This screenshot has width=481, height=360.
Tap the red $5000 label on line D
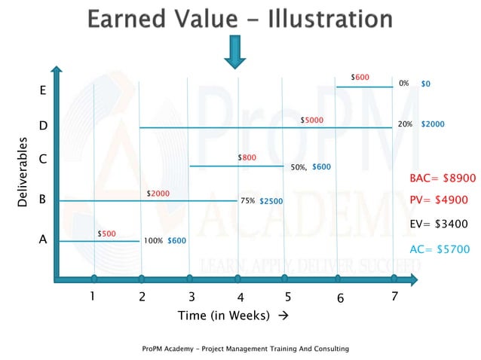312,120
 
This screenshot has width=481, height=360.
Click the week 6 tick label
341,298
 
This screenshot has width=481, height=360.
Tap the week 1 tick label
92,296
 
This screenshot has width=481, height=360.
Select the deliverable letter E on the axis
43,90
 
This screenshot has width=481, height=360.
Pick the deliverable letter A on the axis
43,240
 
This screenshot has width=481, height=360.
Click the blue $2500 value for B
272,201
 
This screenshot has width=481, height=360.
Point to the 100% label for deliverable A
153,241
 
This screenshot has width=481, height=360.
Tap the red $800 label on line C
247,157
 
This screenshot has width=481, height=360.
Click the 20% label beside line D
405,124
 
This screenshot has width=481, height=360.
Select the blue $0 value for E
426,84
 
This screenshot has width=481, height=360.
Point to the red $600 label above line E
360,77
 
